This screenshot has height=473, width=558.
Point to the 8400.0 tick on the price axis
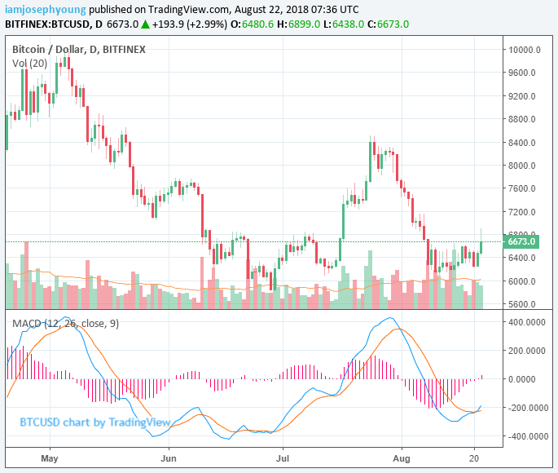point(521,142)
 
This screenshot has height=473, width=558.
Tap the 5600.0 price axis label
point(521,304)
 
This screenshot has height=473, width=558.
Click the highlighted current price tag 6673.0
point(521,241)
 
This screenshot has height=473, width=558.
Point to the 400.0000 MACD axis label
point(527,322)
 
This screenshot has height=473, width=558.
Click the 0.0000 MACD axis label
point(530,379)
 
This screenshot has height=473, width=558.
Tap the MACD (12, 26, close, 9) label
point(65,323)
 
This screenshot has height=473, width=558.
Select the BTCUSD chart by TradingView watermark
point(95,422)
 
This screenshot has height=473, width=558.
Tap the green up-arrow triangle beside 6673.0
point(144,24)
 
